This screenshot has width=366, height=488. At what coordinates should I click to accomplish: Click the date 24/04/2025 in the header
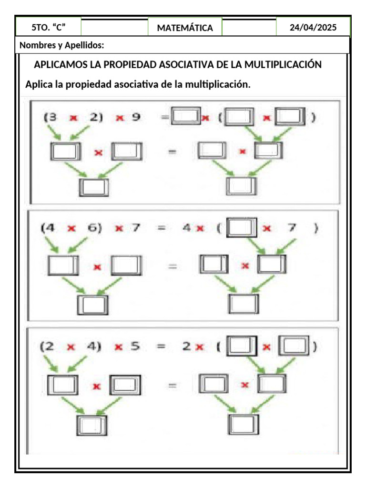coord(313,28)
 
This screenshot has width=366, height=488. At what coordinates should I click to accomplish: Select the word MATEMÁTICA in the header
coord(185,28)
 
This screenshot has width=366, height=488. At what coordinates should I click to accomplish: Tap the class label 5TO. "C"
coord(48,27)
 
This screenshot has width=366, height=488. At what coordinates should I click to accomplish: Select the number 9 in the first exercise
coord(136,117)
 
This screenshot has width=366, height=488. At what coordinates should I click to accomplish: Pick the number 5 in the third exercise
coord(135,346)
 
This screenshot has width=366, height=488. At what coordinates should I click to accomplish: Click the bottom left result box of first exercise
coord(94,187)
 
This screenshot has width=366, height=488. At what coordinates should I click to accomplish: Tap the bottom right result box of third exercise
coord(244,424)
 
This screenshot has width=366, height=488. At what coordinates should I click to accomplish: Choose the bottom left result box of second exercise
coord(93,305)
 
